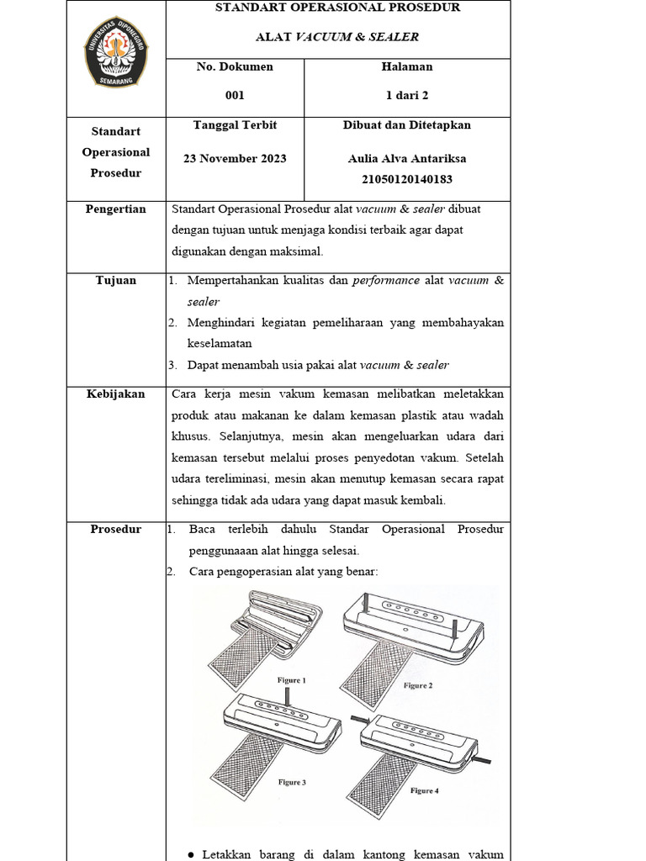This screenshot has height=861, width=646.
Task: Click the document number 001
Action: (x=234, y=96)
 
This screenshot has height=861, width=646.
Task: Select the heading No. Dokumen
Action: (x=235, y=66)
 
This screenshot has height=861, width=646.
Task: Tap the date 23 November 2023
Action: (x=235, y=158)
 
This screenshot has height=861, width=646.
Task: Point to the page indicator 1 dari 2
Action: (x=407, y=96)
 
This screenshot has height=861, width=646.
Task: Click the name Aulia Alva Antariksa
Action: (x=407, y=158)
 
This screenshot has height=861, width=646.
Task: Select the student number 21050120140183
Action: (x=407, y=179)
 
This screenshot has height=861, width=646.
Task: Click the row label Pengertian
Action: (x=116, y=209)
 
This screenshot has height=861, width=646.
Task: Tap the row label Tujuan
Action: (x=116, y=281)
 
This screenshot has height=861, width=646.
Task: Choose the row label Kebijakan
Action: (x=116, y=394)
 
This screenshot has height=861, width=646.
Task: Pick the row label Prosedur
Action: (x=116, y=530)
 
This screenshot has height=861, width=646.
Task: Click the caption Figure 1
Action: (x=292, y=680)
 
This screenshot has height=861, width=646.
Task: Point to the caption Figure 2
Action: (x=418, y=685)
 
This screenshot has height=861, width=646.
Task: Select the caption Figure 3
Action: (x=292, y=782)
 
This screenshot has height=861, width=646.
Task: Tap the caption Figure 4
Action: (x=424, y=790)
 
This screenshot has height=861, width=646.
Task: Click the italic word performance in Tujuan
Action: (x=387, y=281)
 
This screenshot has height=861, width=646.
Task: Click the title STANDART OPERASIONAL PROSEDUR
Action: (x=338, y=8)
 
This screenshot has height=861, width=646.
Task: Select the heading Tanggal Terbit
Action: (x=235, y=125)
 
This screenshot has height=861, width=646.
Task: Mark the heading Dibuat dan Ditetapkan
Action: (x=407, y=125)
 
